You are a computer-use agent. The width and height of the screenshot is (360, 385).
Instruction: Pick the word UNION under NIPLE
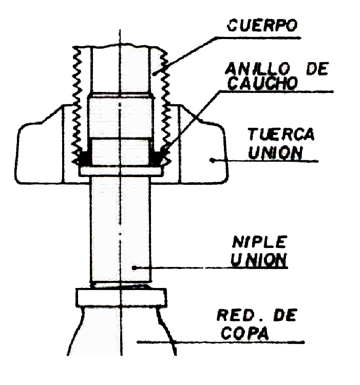pyautogui.click(x=258, y=259)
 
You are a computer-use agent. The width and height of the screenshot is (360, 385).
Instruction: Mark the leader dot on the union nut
pyautogui.click(x=212, y=160)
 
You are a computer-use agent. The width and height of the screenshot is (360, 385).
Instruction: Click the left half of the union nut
pyautogui.click(x=41, y=154)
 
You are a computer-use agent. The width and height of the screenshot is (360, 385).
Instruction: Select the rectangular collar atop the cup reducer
pyautogui.click(x=121, y=297)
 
